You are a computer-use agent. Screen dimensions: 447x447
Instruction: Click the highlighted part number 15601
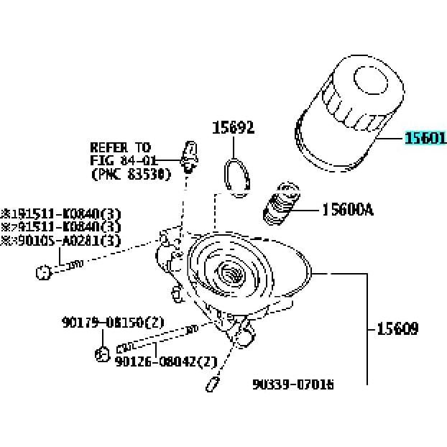[x=425, y=139]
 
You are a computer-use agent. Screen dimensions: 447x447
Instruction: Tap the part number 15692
[x=233, y=128]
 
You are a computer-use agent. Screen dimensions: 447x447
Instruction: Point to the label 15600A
[x=348, y=210]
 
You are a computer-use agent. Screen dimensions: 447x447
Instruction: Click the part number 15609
[x=397, y=329]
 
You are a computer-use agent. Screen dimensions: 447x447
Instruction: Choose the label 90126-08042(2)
[x=166, y=361]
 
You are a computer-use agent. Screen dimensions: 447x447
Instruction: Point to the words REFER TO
[x=121, y=147]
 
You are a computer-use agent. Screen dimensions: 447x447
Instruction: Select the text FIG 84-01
[x=121, y=160]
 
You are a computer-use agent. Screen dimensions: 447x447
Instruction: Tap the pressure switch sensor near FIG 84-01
[x=190, y=155]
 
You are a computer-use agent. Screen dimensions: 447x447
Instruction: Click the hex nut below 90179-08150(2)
[x=102, y=353]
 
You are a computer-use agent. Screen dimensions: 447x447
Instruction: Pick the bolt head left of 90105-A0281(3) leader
[x=43, y=272]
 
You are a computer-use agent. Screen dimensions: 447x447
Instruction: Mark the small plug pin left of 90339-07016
[x=212, y=384]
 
